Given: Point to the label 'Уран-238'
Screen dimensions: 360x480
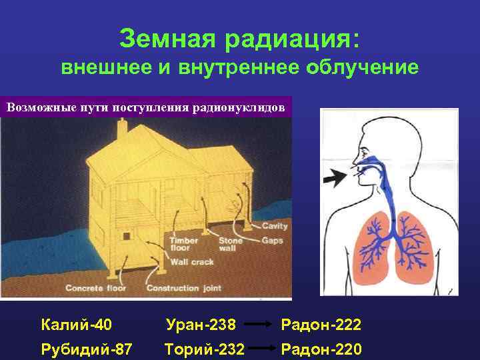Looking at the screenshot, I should click(x=201, y=325).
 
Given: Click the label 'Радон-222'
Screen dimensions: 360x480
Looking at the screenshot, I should click(x=321, y=325).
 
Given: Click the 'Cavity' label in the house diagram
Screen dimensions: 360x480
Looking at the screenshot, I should click(x=275, y=227).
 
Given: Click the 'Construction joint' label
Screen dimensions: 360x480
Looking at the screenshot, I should click(x=182, y=288).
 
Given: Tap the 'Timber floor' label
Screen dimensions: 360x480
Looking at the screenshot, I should click(x=184, y=244).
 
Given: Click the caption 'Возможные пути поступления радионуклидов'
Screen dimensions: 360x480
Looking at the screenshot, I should click(x=146, y=107).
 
